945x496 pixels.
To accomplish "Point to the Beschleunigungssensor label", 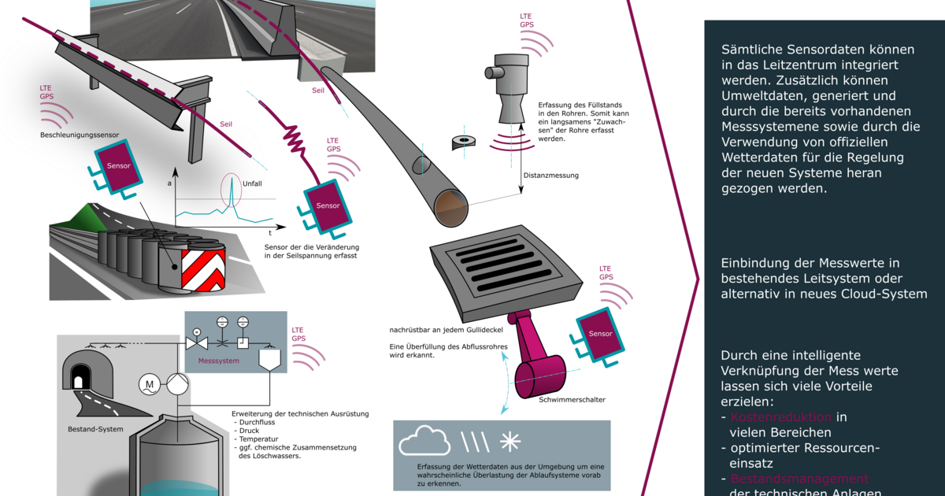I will pyautogui.click(x=80, y=135).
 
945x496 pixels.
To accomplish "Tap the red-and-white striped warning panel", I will pyautogui.click(x=203, y=269).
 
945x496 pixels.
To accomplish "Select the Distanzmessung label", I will pyautogui.click(x=551, y=176).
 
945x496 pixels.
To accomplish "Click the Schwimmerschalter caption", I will pyautogui.click(x=573, y=400).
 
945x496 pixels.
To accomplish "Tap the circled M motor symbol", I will pyautogui.click(x=149, y=384).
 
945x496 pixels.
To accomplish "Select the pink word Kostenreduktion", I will pyautogui.click(x=781, y=417).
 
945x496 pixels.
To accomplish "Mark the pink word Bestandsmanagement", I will pyautogui.click(x=799, y=479).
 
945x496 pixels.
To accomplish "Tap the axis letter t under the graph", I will pyautogui.click(x=270, y=233).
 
